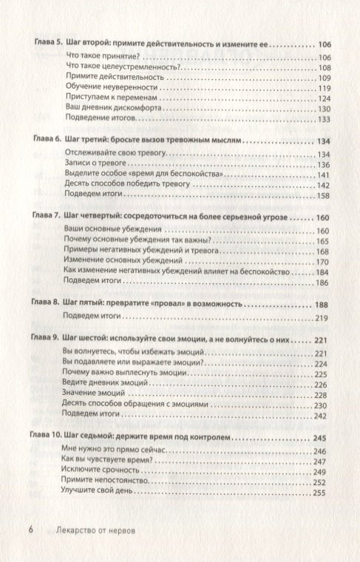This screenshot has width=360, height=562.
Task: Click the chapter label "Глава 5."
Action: tap(48, 44)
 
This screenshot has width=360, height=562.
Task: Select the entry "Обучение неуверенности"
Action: tap(101, 88)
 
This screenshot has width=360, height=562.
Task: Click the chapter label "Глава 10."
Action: tap(51, 438)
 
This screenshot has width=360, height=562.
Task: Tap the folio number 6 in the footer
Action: tap(30, 529)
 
